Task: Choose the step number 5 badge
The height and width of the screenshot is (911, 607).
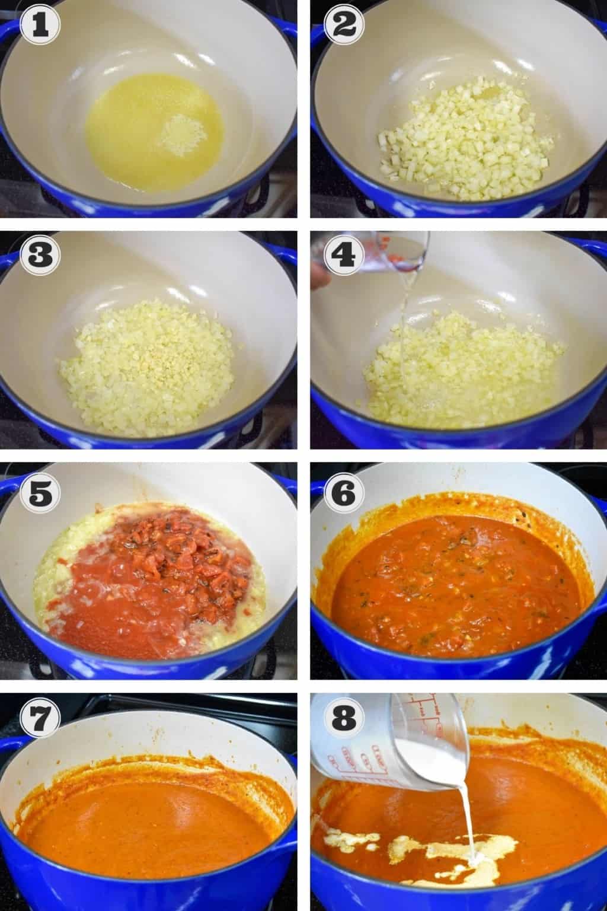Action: pos(40,489)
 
